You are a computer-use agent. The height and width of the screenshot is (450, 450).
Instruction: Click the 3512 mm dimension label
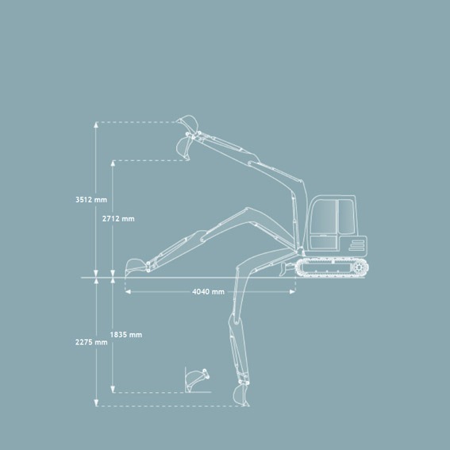pos(91,199)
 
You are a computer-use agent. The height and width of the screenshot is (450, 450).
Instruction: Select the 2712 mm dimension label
pos(118,219)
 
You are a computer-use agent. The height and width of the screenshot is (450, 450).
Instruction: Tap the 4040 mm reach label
pos(209,292)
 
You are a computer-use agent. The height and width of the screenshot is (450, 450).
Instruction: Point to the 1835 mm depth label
pos(126,335)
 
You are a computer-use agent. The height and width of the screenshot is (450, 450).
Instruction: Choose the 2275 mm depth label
pos(91,342)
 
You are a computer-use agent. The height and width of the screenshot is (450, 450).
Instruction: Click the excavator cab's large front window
pos(324,217)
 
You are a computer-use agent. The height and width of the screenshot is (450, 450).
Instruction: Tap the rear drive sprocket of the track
pos(359,267)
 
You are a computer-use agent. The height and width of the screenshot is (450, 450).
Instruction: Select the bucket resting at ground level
pos(136,266)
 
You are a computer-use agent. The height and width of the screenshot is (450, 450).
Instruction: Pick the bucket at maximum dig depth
pos(240,394)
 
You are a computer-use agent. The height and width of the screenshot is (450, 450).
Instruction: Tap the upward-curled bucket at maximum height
pos(188,122)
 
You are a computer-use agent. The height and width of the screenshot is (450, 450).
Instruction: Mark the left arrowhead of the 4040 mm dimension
pos(128,292)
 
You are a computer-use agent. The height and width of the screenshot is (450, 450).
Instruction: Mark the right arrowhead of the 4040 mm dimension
pos(292,292)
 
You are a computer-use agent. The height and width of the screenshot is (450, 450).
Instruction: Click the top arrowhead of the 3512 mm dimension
pos(96,125)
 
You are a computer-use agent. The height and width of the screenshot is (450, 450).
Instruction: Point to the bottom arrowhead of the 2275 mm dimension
pos(96,403)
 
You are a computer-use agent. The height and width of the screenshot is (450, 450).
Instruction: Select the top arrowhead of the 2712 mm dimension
pos(113,163)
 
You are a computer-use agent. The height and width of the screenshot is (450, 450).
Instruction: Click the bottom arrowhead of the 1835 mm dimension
pos(113,390)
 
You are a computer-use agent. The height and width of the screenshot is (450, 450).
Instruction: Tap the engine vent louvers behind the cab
pos(356,245)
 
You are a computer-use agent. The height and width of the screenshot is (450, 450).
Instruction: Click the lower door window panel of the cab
pos(323,243)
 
